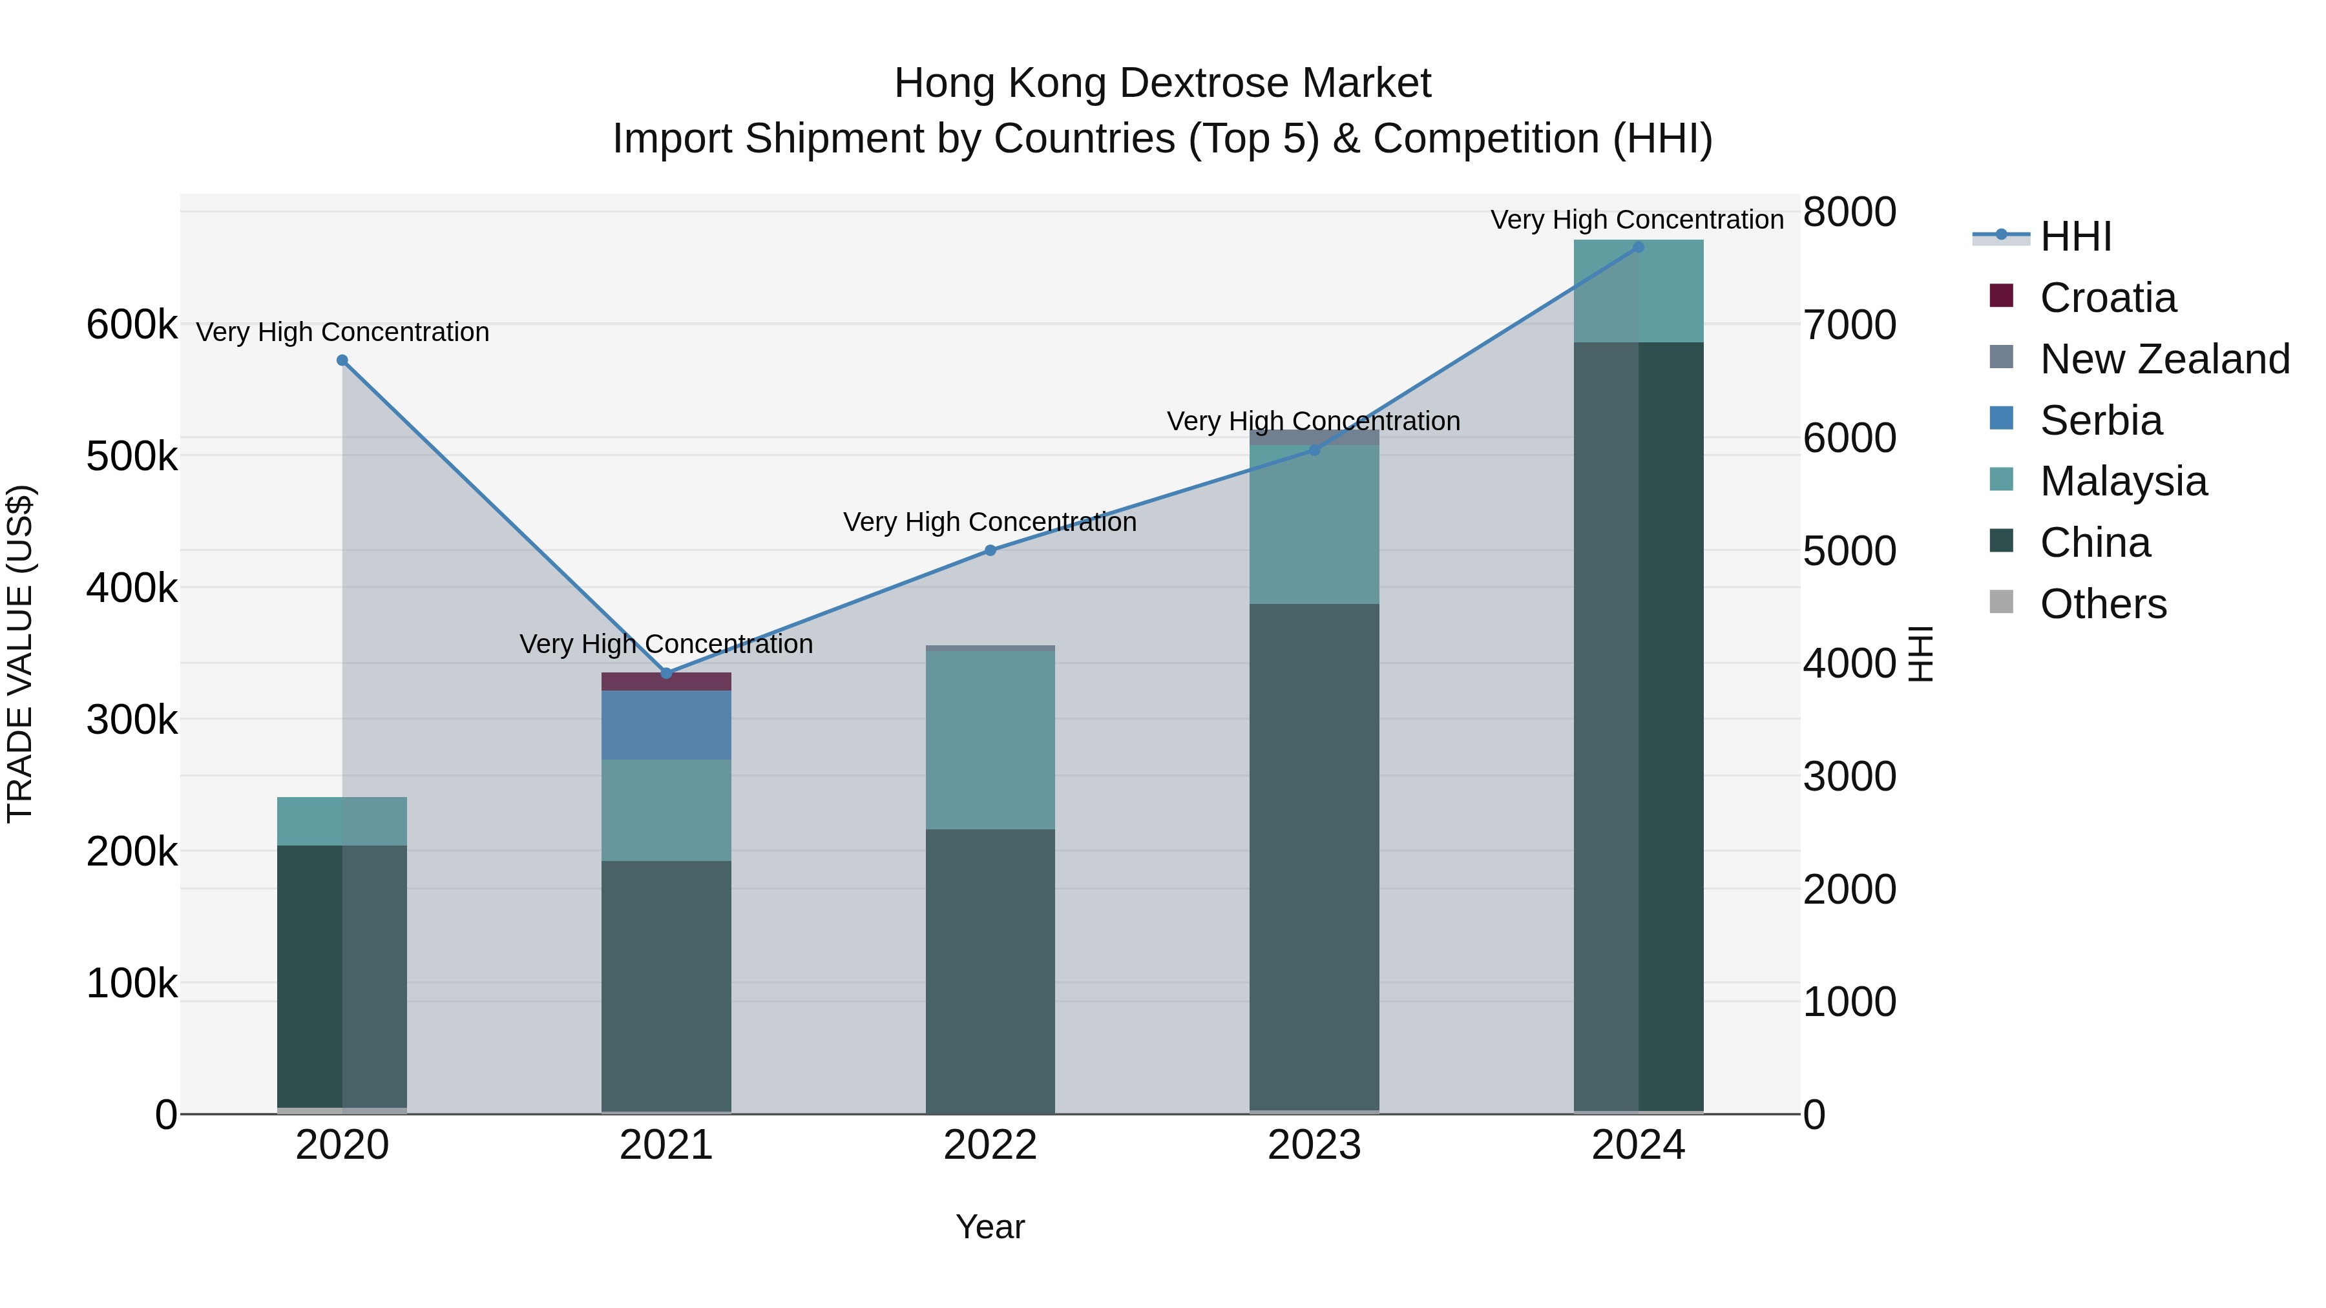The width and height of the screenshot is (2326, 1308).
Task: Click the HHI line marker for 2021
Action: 666,674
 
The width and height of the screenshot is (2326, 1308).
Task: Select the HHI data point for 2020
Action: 342,360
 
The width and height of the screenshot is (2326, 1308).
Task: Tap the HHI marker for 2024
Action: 1638,247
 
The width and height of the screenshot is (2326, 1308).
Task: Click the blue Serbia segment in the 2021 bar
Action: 666,725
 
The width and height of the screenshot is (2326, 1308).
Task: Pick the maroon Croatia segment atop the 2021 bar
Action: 666,681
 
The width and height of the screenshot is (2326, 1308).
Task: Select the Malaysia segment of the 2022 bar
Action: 990,740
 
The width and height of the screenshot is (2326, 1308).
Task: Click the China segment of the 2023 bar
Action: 1314,858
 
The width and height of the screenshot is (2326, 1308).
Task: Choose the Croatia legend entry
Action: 2108,298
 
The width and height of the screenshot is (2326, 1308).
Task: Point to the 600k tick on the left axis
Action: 132,325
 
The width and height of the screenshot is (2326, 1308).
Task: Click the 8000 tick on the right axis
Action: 1849,213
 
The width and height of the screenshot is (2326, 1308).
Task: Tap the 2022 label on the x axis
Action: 990,1145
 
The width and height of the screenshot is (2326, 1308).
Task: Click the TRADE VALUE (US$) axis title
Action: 20,654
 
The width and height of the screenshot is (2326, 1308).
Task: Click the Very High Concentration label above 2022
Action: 990,522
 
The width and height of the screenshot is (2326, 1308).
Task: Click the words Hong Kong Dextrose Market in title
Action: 1162,83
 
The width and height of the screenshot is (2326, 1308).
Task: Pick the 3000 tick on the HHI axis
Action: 1849,777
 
